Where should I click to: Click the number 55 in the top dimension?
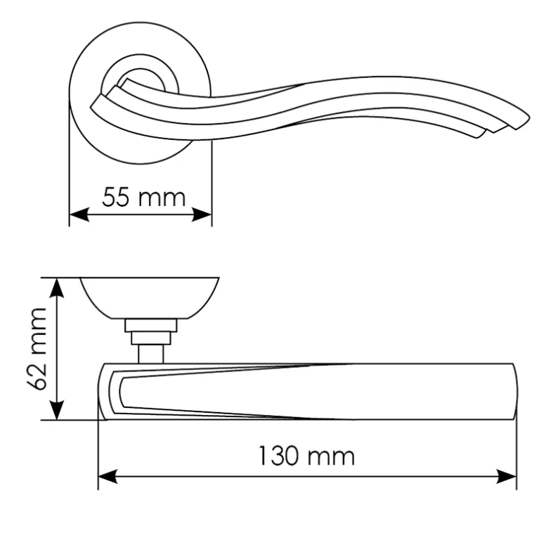pyautogui.click(x=116, y=197)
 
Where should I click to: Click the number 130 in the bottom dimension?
pyautogui.click(x=278, y=456)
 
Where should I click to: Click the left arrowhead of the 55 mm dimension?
pyautogui.click(x=79, y=215)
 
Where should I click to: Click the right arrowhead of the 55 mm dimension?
pyautogui.click(x=202, y=215)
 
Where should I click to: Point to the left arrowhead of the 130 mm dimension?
pyautogui.click(x=108, y=476)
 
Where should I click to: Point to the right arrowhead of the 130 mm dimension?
pyautogui.click(x=507, y=476)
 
